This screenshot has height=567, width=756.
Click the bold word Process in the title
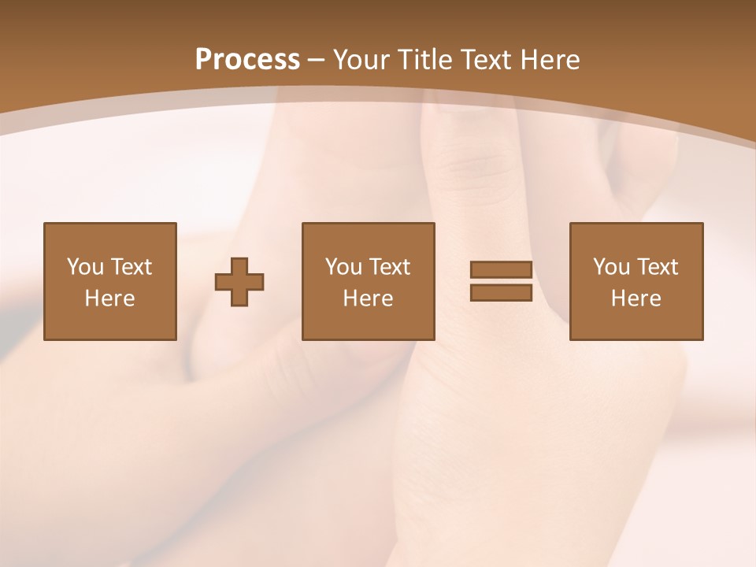(x=247, y=60)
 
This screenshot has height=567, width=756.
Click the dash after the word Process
(x=317, y=60)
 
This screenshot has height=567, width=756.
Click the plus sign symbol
(x=239, y=282)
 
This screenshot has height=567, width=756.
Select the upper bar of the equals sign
(x=501, y=269)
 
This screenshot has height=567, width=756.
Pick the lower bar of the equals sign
(x=501, y=292)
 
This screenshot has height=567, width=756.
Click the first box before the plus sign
(x=109, y=281)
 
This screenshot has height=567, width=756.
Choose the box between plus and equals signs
(x=368, y=281)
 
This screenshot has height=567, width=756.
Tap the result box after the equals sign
(x=636, y=281)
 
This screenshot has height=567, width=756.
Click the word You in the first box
(x=84, y=267)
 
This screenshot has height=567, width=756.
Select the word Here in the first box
(x=109, y=298)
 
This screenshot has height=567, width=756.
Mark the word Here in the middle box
(x=368, y=298)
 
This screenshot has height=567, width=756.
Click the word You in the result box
(x=610, y=267)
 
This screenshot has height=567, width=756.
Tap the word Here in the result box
(x=636, y=298)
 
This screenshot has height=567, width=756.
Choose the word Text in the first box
(x=131, y=267)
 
